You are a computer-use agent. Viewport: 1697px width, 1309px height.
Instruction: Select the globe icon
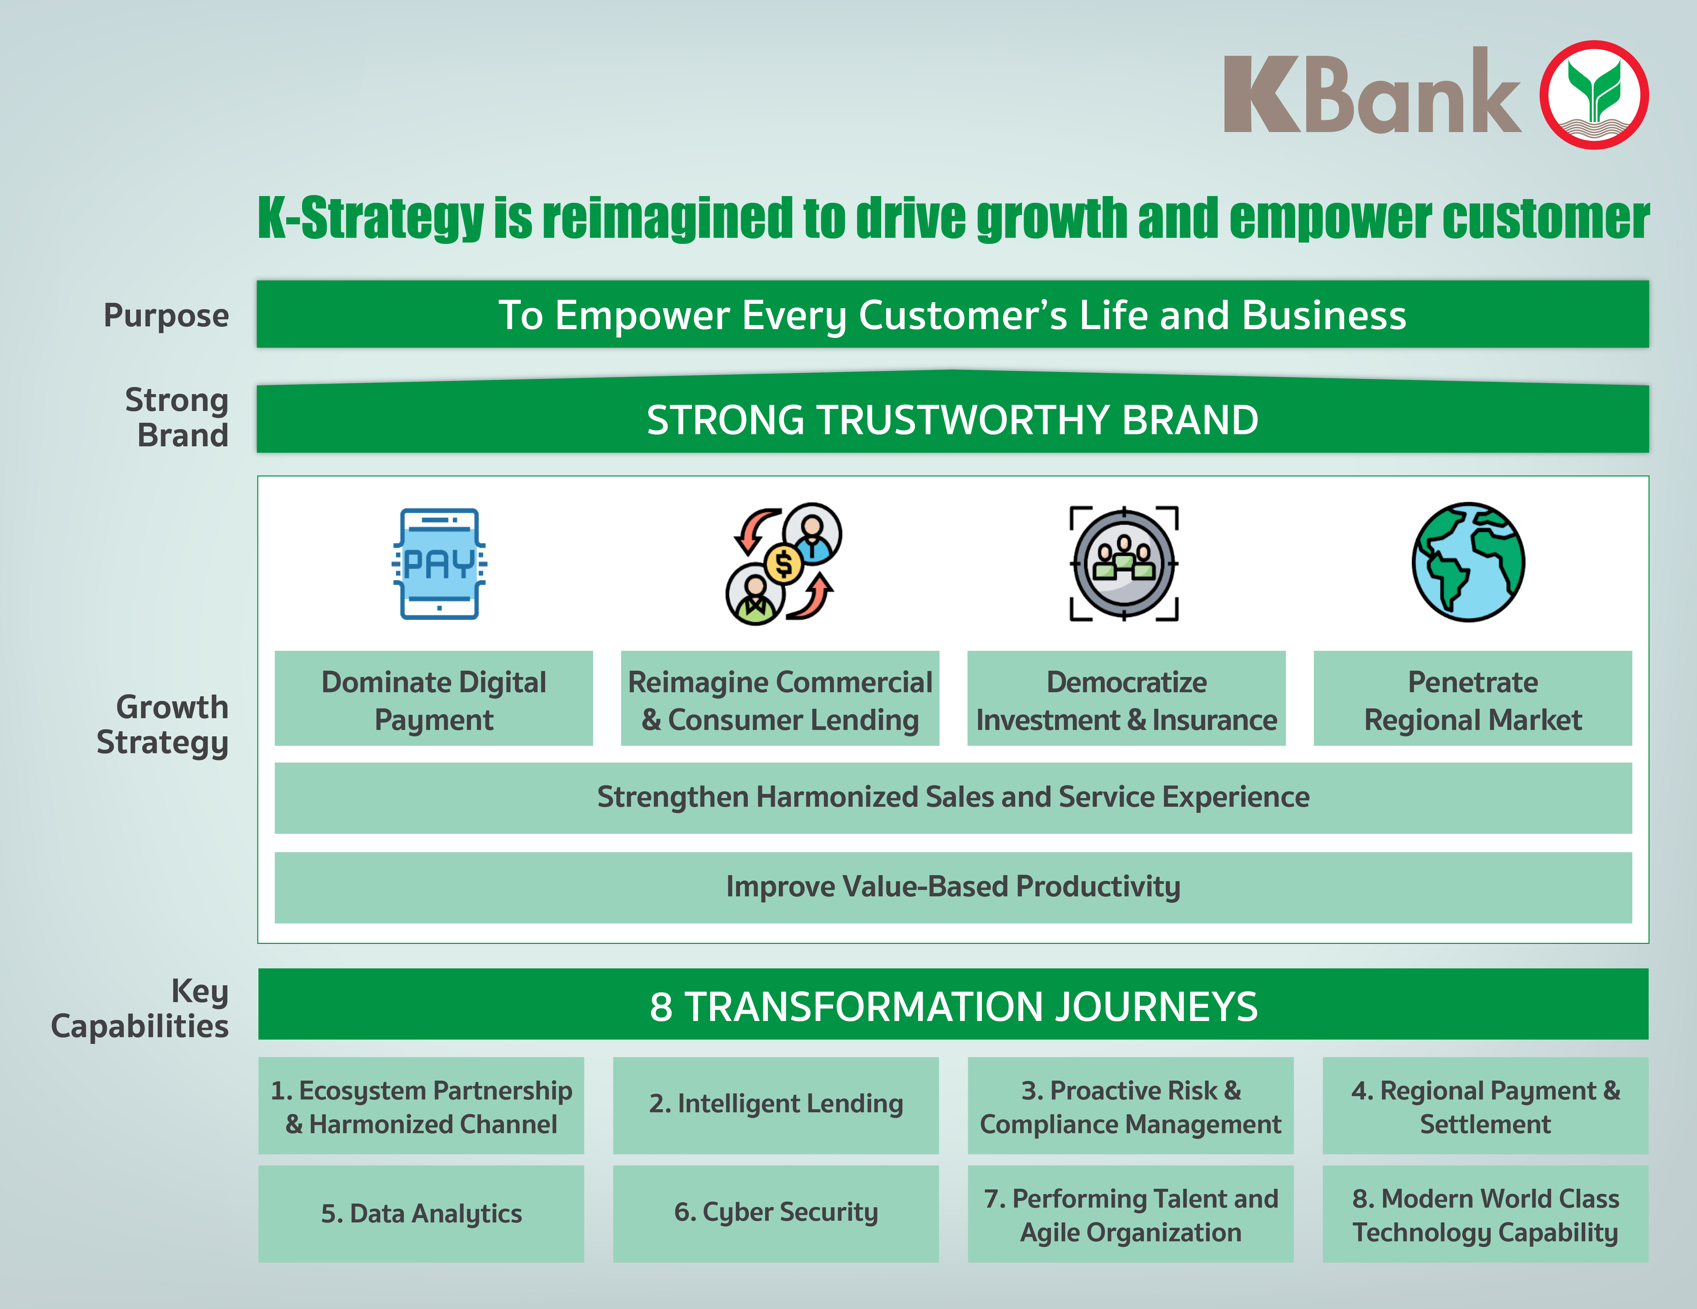tap(1468, 562)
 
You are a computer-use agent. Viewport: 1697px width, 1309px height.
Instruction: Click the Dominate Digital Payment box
tap(434, 698)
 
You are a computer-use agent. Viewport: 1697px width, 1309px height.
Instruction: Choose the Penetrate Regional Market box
tap(1472, 698)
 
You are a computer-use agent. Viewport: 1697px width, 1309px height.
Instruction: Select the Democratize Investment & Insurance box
tap(1126, 698)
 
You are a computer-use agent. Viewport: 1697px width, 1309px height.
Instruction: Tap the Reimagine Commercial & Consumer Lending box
tap(780, 698)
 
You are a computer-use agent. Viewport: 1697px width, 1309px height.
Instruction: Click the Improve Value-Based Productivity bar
tap(953, 887)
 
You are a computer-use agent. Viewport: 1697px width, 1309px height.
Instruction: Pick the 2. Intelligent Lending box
tap(775, 1105)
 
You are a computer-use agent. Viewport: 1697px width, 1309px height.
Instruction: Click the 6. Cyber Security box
tap(775, 1213)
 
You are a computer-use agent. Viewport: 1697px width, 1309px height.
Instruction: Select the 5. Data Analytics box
tap(421, 1213)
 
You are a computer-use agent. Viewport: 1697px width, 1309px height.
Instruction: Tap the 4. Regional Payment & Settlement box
tap(1485, 1105)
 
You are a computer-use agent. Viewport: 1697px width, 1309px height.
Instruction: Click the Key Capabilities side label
tap(140, 1008)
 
